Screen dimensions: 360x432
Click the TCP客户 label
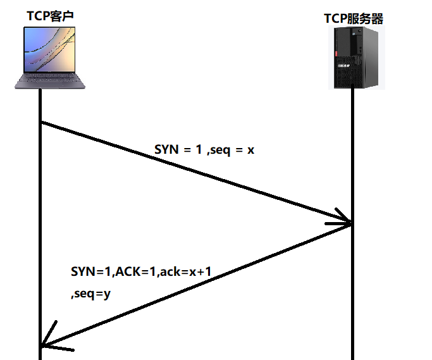click(50, 15)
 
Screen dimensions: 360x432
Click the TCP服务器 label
click(354, 18)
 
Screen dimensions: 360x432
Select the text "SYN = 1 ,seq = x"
click(204, 151)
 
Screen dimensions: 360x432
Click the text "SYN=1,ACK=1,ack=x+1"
click(141, 271)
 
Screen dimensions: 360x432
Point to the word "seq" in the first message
click(221, 151)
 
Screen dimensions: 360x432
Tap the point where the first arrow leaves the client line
click(41, 122)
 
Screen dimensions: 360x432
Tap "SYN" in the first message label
click(167, 151)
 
